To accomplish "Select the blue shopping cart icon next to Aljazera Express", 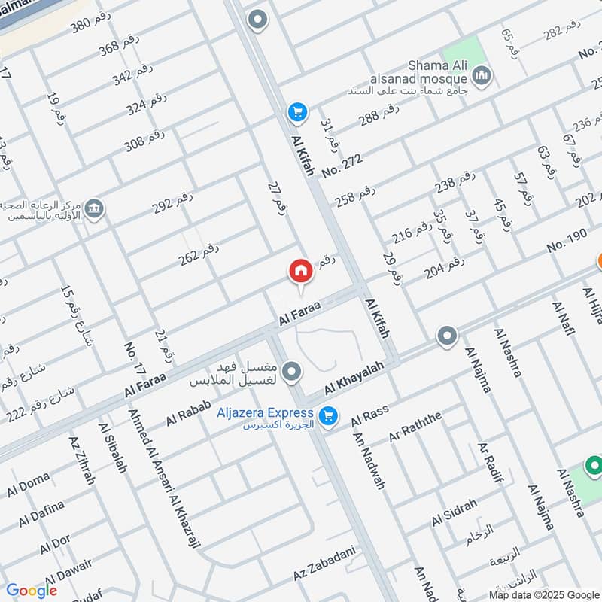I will pyautogui.click(x=327, y=415).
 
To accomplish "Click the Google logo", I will pyautogui.click(x=32, y=591).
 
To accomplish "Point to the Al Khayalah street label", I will pyautogui.click(x=354, y=377).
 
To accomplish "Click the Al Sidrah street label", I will pyautogui.click(x=454, y=513).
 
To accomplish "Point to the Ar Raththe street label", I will pyautogui.click(x=415, y=427).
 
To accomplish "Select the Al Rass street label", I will pyautogui.click(x=369, y=414).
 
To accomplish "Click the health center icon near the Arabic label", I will pyautogui.click(x=94, y=209).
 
